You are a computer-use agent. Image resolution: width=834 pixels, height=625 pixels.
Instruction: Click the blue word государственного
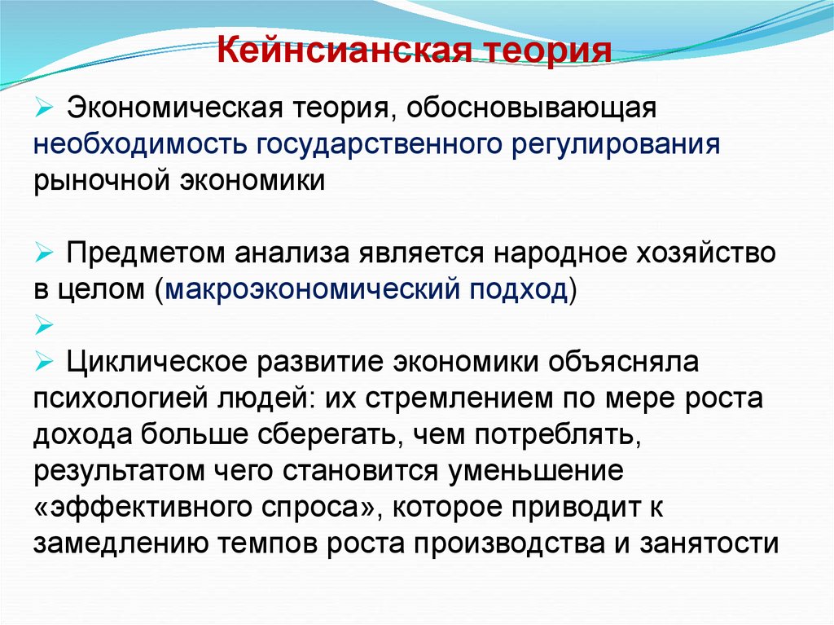tap(380, 144)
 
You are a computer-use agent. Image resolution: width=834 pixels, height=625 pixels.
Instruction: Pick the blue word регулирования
tap(616, 144)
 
